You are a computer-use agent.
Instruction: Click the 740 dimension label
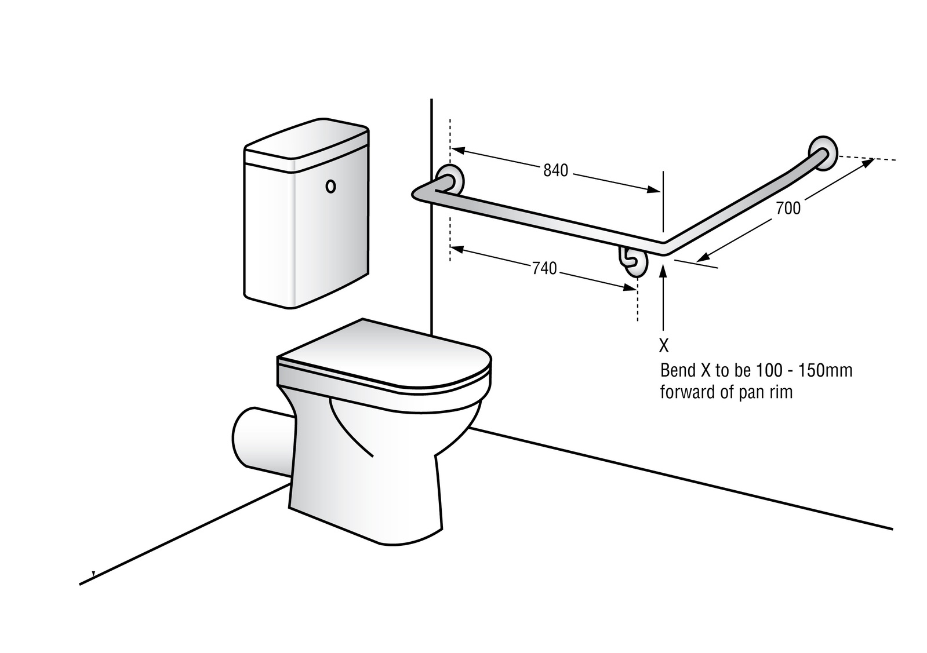pos(544,268)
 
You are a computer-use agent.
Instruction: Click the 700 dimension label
pos(788,208)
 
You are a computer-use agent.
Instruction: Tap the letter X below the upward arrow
pos(664,346)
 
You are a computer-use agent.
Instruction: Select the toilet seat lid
pos(383,356)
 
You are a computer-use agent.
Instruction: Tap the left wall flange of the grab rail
pos(450,181)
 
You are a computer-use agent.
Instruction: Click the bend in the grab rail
pos(664,247)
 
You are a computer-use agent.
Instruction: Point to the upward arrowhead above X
pos(664,267)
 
